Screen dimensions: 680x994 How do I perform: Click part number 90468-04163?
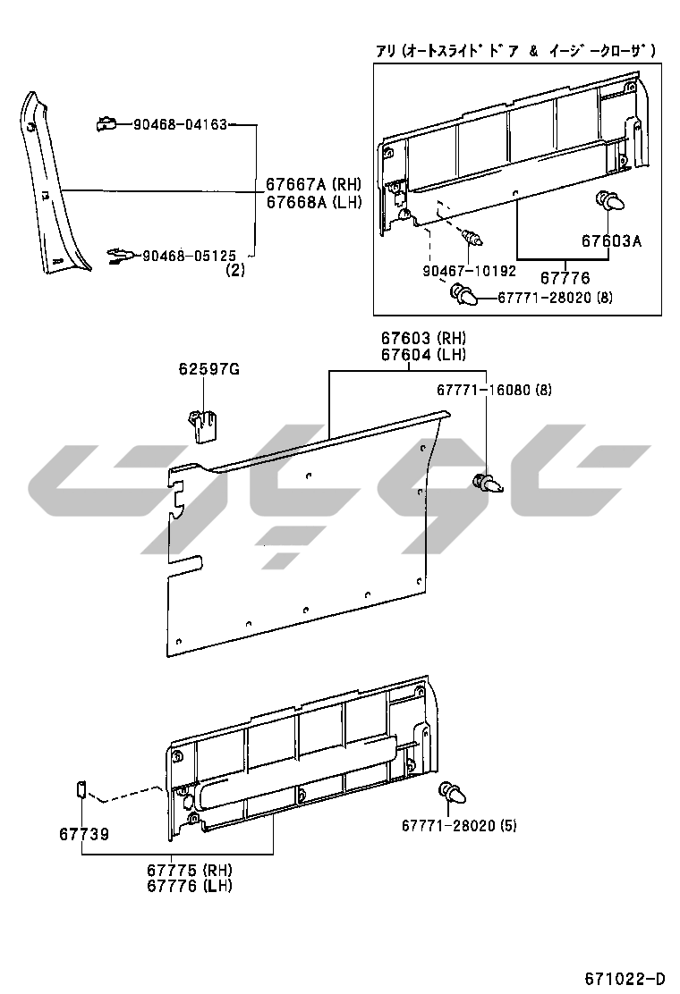180,125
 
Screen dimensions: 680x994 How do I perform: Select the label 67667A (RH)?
313,184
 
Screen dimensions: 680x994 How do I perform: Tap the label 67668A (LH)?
313,202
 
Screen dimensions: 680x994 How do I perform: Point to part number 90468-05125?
189,257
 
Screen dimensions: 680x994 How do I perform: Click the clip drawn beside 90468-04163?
106,123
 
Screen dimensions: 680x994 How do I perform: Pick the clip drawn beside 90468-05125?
120,256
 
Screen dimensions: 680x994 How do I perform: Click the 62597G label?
208,368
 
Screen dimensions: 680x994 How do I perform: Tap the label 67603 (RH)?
423,339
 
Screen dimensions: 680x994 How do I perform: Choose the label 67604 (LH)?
423,355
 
